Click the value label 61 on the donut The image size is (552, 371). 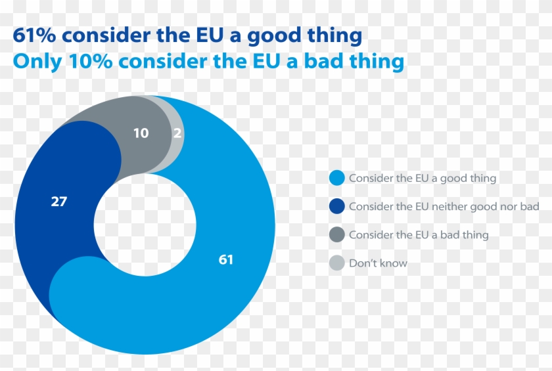225,260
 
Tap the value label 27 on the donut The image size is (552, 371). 59,202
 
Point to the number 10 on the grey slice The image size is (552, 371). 141,133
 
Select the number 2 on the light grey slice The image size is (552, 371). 177,133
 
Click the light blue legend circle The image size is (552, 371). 336,178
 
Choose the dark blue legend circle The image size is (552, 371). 336,206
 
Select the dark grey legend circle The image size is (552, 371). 336,234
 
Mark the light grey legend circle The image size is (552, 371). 336,263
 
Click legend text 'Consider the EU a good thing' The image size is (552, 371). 423,178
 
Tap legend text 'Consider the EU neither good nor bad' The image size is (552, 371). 444,206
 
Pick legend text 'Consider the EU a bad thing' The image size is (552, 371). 419,234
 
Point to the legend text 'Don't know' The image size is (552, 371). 378,263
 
